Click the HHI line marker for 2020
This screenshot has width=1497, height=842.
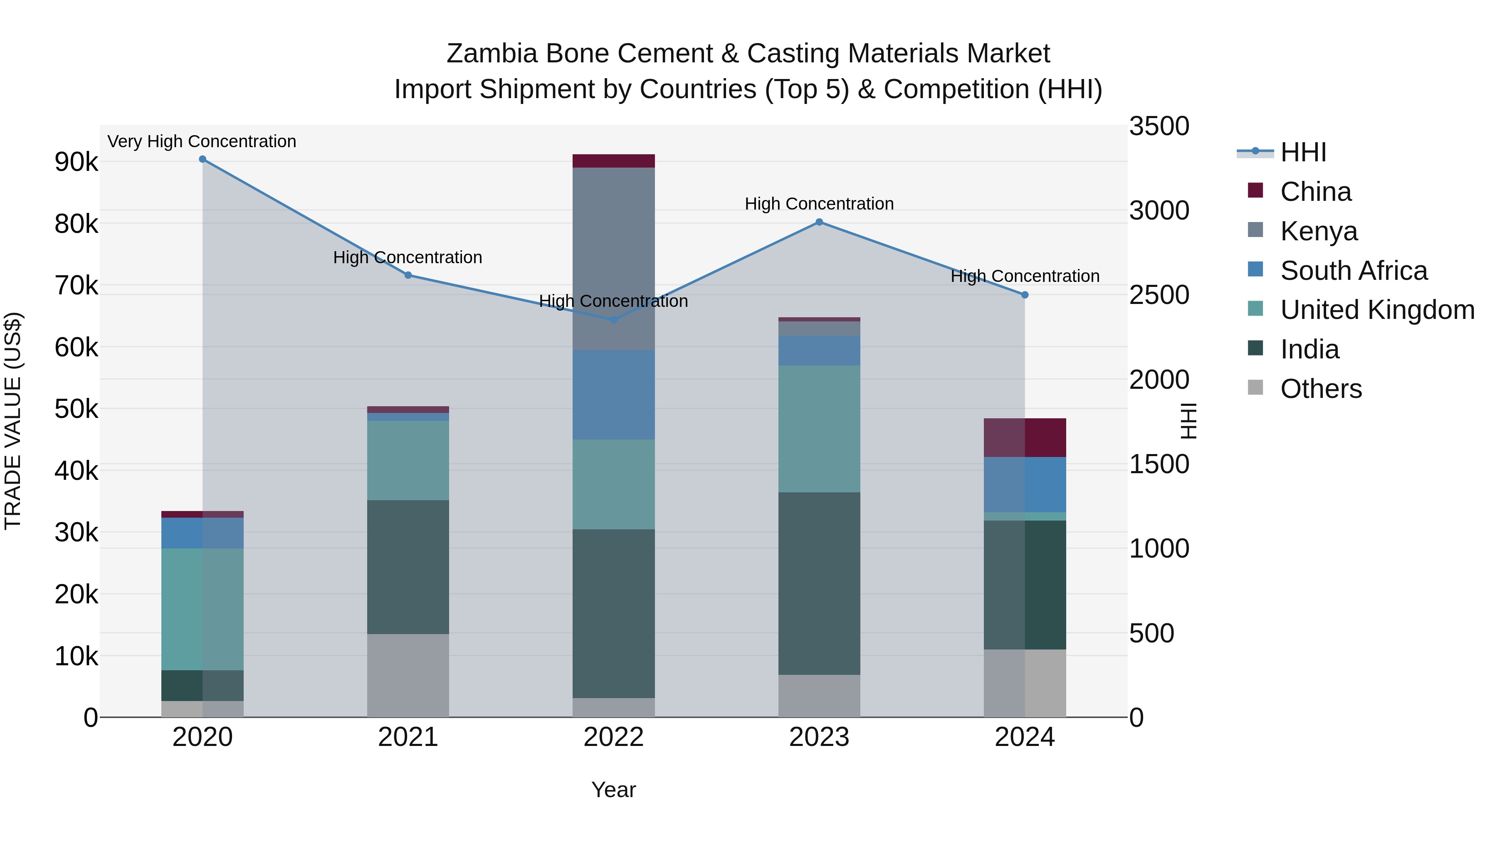pyautogui.click(x=202, y=159)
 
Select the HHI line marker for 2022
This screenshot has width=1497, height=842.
pyautogui.click(x=614, y=320)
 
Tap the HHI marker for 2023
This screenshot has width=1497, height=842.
pyautogui.click(x=819, y=222)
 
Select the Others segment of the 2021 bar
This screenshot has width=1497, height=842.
pyautogui.click(x=408, y=675)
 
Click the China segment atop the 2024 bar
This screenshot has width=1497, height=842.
pyautogui.click(x=1025, y=437)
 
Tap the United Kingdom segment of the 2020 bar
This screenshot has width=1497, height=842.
pyautogui.click(x=202, y=609)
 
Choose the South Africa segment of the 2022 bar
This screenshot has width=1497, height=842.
pyautogui.click(x=614, y=395)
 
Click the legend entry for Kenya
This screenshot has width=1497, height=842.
pyautogui.click(x=1319, y=231)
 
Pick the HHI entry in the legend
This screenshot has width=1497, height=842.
pyautogui.click(x=1303, y=152)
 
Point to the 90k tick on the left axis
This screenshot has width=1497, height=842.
pyautogui.click(x=76, y=162)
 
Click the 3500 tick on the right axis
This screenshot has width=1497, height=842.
pyautogui.click(x=1159, y=127)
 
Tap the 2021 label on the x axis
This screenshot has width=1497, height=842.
pyautogui.click(x=408, y=737)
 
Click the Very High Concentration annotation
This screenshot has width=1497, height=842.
pyautogui.click(x=202, y=142)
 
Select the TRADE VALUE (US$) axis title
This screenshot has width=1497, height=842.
pyautogui.click(x=13, y=421)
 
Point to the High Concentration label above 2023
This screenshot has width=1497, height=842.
pyautogui.click(x=819, y=204)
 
